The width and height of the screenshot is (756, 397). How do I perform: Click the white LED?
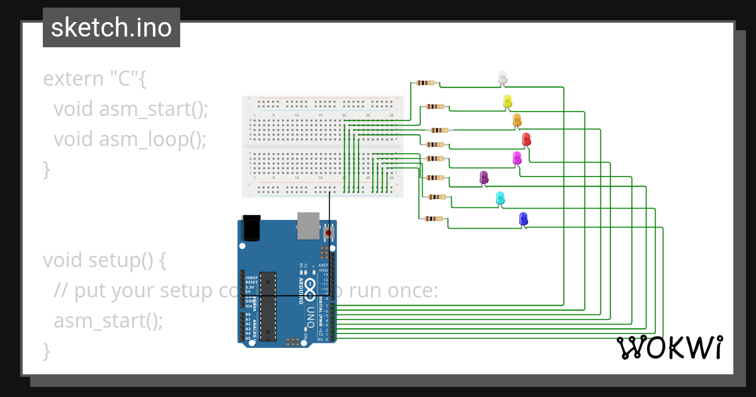pos(502,78)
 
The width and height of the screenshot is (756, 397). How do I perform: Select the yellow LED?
pos(508,101)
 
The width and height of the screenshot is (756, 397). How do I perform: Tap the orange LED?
pos(517,120)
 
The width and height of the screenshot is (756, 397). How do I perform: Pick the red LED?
pos(527,139)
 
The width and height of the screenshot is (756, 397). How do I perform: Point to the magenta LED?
pos(517,158)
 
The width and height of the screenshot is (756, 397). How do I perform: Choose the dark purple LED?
pos(484,178)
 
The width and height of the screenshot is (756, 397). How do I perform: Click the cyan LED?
pos(500,198)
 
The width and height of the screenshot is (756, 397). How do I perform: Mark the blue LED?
pos(523,219)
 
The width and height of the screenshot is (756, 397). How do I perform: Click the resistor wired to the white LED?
pos(426,83)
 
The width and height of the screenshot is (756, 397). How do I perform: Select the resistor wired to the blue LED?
pos(433,219)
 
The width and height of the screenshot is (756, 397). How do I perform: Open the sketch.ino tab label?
pos(112,28)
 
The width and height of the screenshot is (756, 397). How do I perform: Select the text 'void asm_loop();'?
pos(130,139)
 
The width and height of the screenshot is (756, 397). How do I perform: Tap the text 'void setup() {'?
pos(105,260)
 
